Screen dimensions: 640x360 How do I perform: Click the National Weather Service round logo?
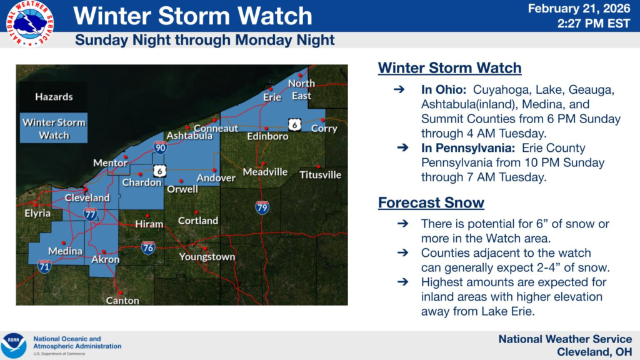click(30, 23)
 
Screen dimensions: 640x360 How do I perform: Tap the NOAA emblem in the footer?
click(14, 345)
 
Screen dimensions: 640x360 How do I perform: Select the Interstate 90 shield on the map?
click(160, 147)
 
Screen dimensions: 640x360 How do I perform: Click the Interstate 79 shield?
click(262, 207)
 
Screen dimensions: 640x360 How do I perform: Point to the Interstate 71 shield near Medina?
click(44, 266)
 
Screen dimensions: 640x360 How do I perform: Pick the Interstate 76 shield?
click(148, 247)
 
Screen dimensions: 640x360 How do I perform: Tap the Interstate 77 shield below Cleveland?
click(90, 214)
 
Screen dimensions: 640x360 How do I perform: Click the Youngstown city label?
click(207, 257)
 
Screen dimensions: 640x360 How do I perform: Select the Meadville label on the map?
click(265, 172)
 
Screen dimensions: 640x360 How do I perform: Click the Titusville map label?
click(321, 175)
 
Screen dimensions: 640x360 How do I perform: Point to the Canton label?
click(122, 301)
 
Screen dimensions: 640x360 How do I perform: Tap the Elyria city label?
click(37, 213)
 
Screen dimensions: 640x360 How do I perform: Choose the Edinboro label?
click(267, 136)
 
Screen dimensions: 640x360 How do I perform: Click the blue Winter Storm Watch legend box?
click(54, 128)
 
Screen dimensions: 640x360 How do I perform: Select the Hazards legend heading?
click(54, 97)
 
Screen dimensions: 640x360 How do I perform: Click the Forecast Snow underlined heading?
click(431, 203)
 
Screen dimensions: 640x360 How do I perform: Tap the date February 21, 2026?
click(579, 8)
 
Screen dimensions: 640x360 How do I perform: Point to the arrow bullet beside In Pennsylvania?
click(403, 147)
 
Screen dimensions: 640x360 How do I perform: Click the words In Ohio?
click(444, 89)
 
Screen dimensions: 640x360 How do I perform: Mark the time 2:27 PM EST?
click(594, 24)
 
